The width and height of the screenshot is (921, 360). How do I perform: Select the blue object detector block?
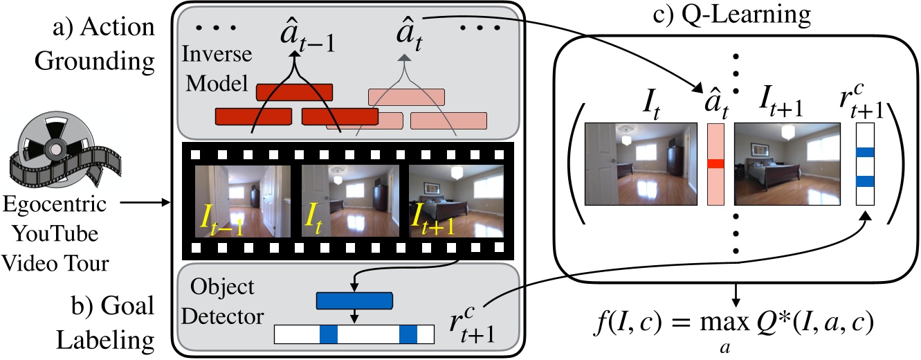tap(354, 301)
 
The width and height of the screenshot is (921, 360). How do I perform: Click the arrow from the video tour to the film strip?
tap(145, 203)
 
